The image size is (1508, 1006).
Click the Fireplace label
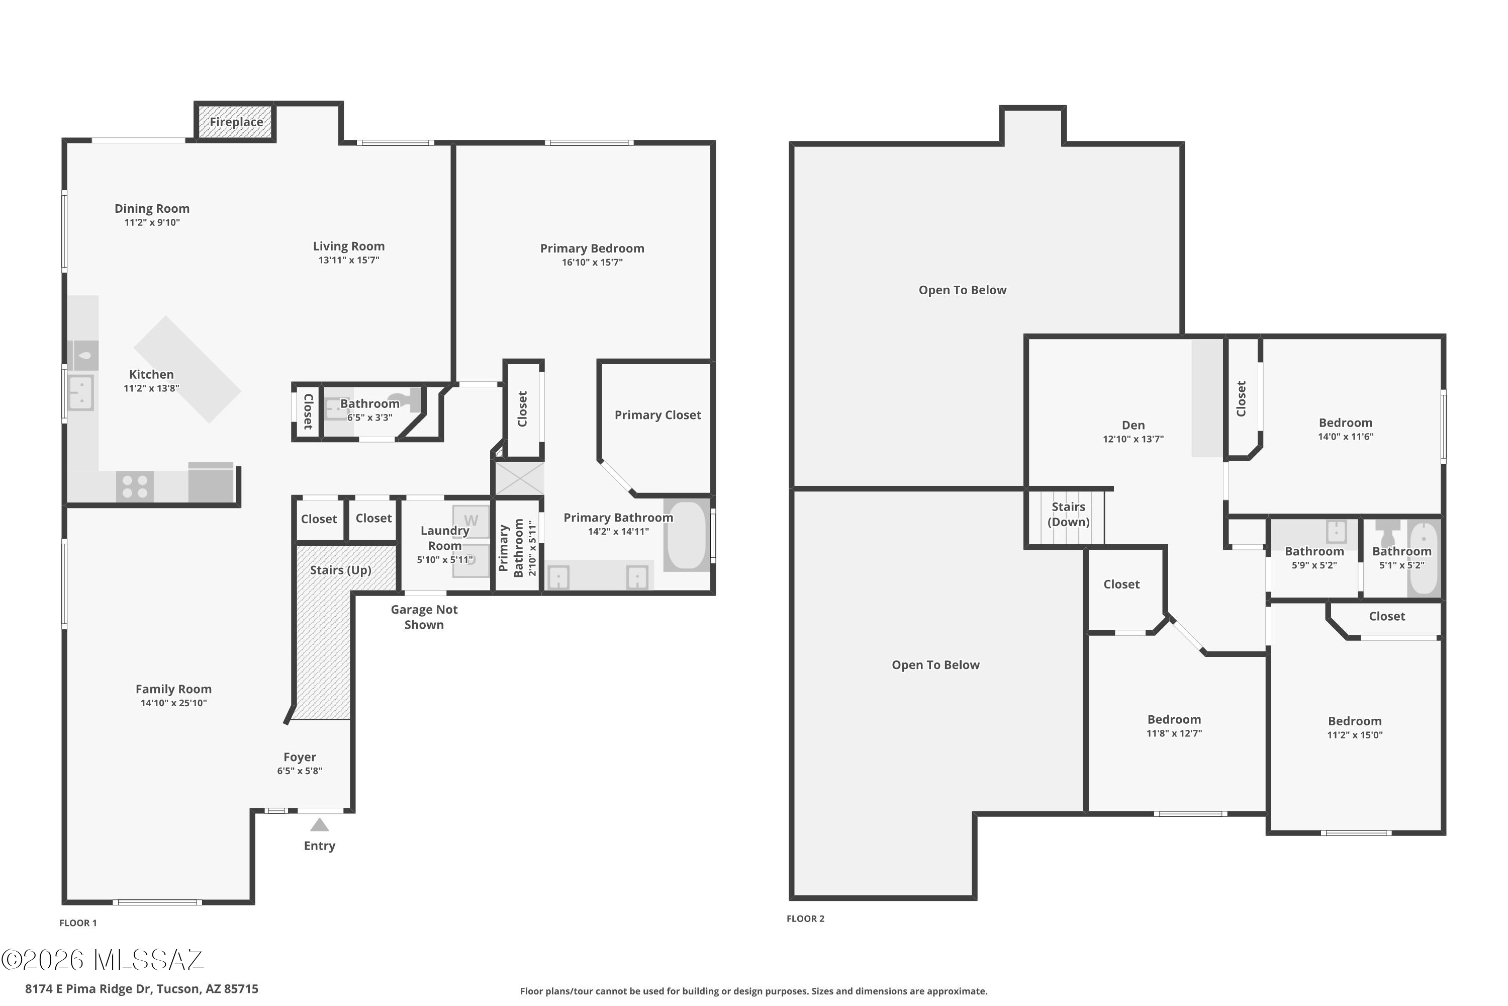pos(236,122)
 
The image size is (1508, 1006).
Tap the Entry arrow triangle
pos(319,824)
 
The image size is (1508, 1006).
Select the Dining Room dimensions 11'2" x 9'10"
pos(152,223)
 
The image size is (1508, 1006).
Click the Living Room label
pos(349,246)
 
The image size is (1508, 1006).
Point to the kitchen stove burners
pos(135,486)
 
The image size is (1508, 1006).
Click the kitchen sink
pos(81,393)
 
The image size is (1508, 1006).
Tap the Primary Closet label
pos(658,415)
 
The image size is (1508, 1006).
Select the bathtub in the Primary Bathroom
pos(687,535)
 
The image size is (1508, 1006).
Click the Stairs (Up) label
pos(340,570)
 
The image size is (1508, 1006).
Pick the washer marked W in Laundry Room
pos(470,521)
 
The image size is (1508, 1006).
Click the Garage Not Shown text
pos(424,617)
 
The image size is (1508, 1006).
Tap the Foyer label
pos(300,757)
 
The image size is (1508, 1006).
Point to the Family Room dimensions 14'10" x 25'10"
pos(174,703)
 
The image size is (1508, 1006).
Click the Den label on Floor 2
pos(1133,426)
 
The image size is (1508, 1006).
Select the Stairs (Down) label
pos(1068,515)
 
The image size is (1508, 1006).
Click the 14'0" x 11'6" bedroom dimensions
pos(1345,437)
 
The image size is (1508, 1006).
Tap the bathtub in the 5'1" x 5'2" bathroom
pos(1424,558)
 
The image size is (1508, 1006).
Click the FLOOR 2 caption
pos(805,919)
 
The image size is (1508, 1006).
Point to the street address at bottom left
pos(142,989)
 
